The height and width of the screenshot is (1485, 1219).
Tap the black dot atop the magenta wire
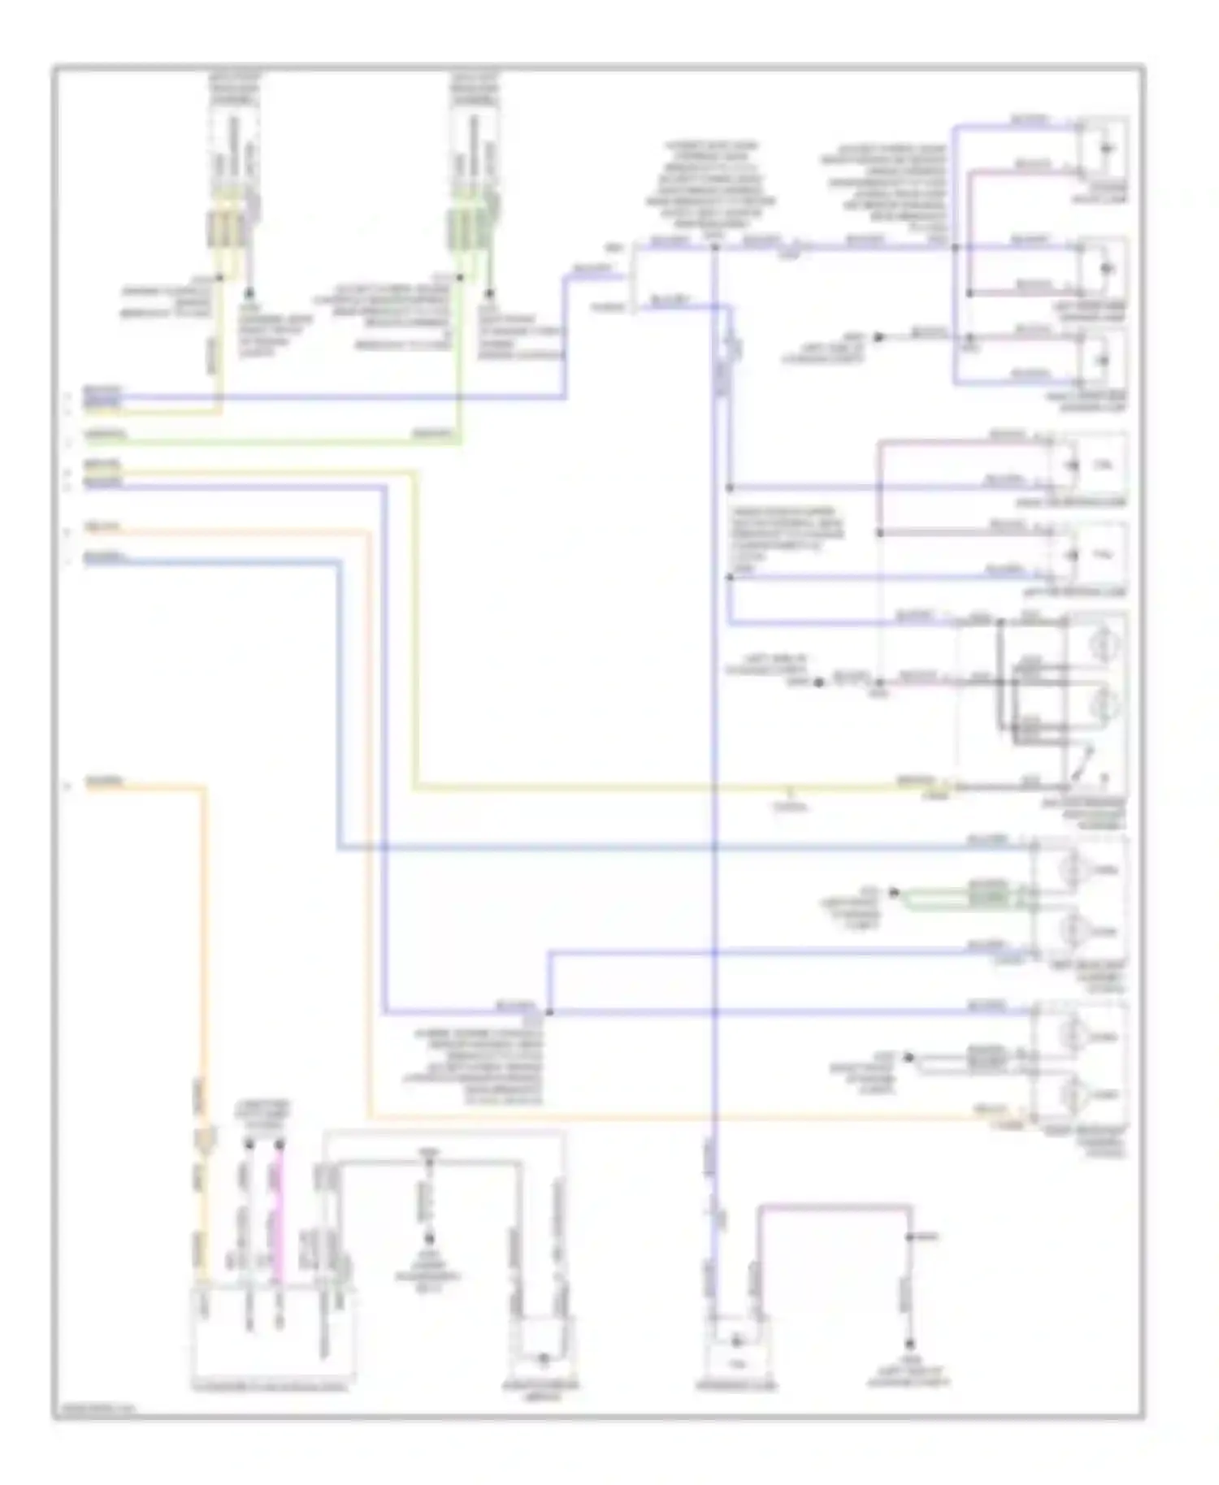(280, 1145)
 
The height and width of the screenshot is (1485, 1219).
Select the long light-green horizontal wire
(268, 443)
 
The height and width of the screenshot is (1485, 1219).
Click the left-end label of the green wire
(104, 434)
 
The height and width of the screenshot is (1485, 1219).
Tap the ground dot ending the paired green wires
(894, 893)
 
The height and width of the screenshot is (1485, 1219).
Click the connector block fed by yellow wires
(226, 230)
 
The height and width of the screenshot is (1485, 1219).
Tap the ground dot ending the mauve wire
(909, 1344)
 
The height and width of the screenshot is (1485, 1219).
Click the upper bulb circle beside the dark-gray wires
(1104, 646)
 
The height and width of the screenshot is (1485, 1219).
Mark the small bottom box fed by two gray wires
(543, 1344)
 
